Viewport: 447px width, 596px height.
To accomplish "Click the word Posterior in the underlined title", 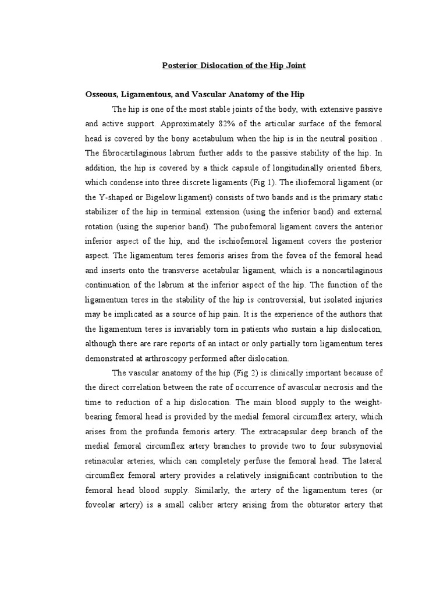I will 179,66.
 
